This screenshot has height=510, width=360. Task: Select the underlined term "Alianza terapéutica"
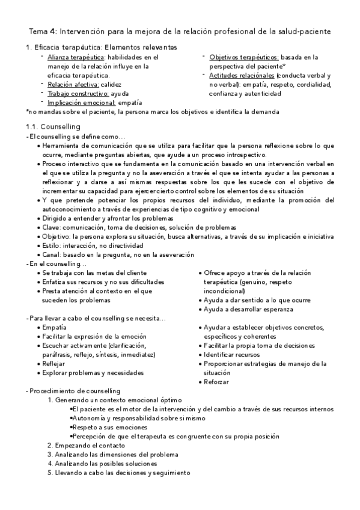coord(73,57)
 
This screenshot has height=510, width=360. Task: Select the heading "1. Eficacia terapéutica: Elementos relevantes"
coord(100,47)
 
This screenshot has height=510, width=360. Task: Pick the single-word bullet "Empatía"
coord(55,328)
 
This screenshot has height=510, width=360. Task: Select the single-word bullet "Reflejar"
coord(55,364)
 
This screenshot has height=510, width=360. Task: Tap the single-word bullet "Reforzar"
coord(216,382)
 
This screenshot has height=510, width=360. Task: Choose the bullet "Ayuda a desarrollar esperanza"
coord(248,309)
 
